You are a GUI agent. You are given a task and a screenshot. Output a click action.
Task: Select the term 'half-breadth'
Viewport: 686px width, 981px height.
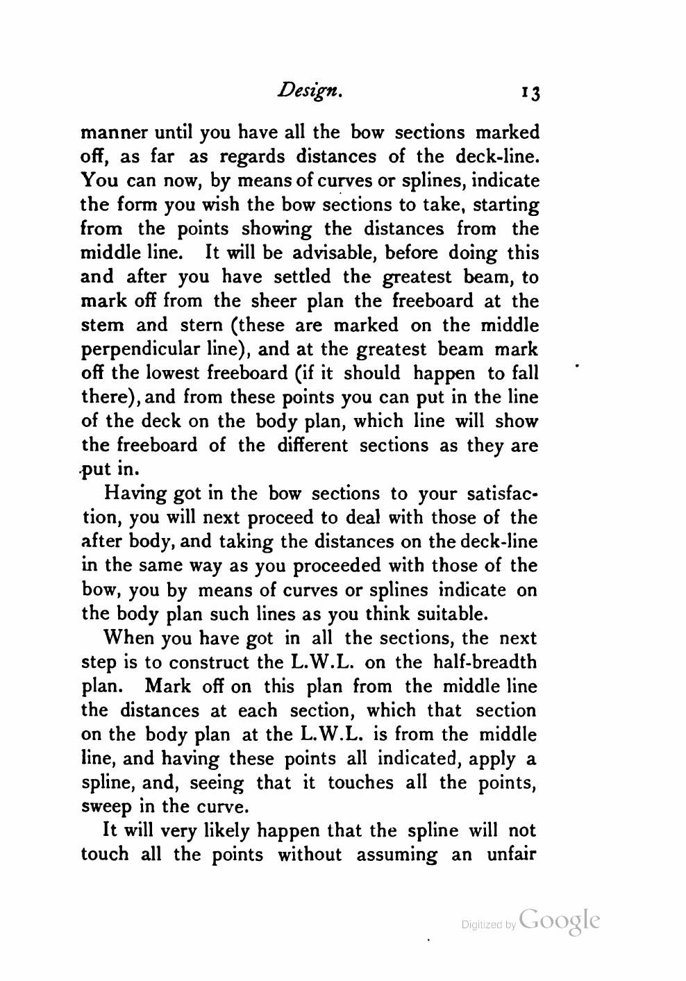[x=485, y=662]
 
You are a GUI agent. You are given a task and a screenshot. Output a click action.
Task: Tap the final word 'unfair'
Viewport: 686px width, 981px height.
[x=510, y=855]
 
